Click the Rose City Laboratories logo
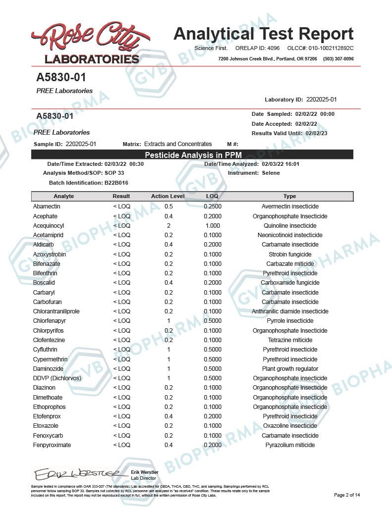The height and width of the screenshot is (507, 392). coord(85,43)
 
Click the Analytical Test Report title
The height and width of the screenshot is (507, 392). coord(263,34)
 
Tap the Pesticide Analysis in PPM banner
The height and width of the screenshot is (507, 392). coord(192,155)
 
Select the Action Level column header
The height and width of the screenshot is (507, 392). coord(168,197)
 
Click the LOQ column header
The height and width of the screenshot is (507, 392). coord(212,197)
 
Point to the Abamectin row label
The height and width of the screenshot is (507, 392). coord(47,206)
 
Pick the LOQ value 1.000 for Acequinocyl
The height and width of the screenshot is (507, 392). coord(213,225)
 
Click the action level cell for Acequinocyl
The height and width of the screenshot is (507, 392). coord(168,225)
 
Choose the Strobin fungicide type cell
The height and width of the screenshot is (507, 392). coord(290,254)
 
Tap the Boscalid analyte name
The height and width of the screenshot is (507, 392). coord(44,283)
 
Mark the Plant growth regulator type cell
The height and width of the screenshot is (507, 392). coord(290,369)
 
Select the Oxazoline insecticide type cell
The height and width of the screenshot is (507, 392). coord(290,426)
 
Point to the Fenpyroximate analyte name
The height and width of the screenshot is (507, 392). coord(52,445)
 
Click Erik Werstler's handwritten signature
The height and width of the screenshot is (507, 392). coord(76,474)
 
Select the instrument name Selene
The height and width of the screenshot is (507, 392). coord(271,173)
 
